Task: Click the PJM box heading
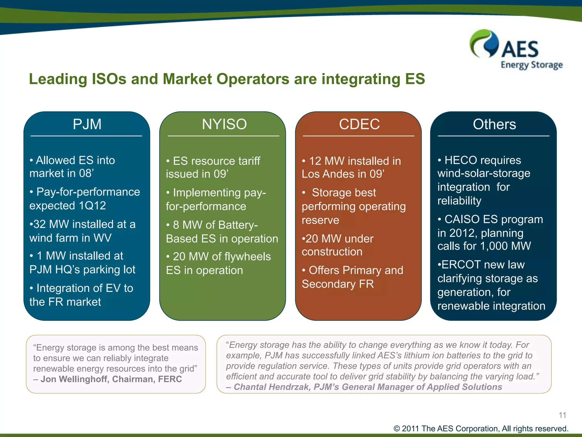pos(87,124)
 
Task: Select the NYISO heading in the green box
pos(224,124)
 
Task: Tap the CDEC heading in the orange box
pos(359,124)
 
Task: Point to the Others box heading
pos(494,124)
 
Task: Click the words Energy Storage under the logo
pos(531,65)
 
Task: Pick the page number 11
pos(562,415)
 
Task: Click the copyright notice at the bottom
pos(481,428)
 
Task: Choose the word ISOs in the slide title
pos(109,79)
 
